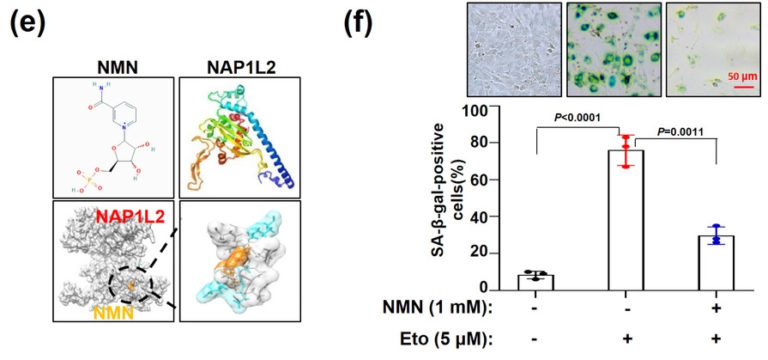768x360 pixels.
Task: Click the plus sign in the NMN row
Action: point(715,307)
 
